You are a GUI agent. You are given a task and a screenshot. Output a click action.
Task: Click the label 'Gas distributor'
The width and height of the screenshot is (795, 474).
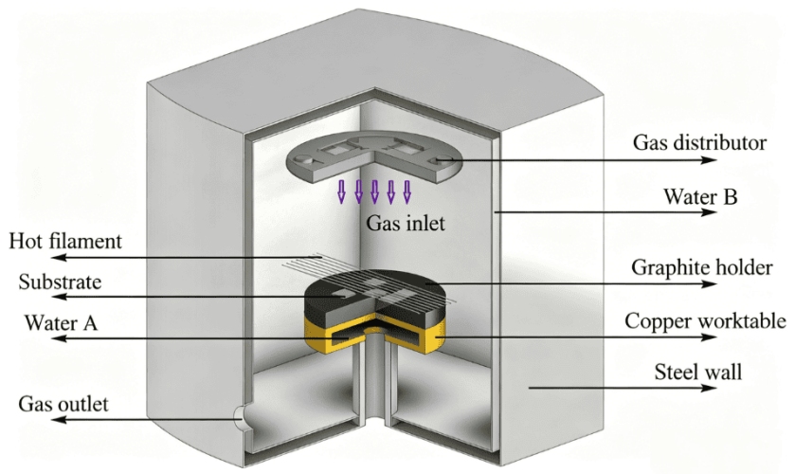tap(699, 142)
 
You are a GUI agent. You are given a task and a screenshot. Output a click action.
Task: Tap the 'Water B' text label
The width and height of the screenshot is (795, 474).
tap(700, 196)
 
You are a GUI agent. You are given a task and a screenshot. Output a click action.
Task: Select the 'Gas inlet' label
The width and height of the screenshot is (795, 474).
tap(406, 223)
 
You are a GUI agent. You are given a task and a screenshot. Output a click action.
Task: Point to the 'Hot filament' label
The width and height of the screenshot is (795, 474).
tap(65, 241)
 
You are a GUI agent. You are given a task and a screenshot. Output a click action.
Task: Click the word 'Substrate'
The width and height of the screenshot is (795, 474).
tap(60, 282)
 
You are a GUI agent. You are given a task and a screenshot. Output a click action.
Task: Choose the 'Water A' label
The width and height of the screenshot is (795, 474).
tap(61, 322)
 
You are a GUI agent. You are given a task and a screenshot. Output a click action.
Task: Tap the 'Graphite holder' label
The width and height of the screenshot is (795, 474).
tap(702, 267)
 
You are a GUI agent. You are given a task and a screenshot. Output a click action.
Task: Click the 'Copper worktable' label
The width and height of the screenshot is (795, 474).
tap(705, 320)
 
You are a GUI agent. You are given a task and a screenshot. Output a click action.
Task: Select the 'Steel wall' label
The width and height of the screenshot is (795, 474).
tap(697, 372)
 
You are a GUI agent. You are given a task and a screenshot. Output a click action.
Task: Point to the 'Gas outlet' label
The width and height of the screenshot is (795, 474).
tap(63, 405)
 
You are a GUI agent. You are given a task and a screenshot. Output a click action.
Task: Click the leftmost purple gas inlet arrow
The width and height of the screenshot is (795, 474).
tap(342, 191)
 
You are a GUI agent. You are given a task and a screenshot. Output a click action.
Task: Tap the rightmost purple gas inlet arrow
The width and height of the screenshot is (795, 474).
tap(407, 191)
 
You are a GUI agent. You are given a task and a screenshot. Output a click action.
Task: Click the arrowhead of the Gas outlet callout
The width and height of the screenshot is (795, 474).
tap(59, 420)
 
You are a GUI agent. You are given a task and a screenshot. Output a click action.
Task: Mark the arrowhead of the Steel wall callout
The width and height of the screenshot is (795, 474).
tap(710, 388)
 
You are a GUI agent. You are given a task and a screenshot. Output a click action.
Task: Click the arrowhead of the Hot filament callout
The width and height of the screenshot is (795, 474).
tap(60, 257)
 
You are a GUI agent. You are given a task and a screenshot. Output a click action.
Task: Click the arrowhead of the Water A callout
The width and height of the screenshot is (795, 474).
tap(60, 338)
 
